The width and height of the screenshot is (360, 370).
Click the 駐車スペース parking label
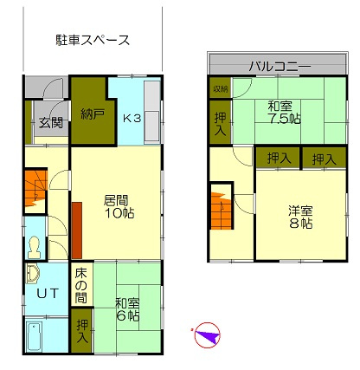pos(93,40)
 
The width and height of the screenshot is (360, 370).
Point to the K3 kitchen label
pos(132,118)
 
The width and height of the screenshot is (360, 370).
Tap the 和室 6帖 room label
pos(127,309)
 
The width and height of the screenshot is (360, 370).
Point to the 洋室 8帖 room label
pos(300,215)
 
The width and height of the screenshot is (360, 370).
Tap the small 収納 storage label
pos(219,88)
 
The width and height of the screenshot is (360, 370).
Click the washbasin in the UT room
pos(34,273)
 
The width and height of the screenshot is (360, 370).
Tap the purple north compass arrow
pos(207,335)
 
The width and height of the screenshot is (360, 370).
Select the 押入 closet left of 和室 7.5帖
pos(219,120)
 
